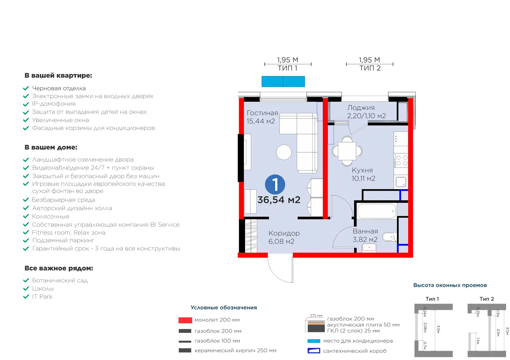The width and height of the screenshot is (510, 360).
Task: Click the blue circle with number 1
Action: (275, 184)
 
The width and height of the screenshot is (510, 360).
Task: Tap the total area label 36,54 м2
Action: (279, 200)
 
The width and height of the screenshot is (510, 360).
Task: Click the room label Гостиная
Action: (262, 113)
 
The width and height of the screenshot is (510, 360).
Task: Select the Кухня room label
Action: (362, 170)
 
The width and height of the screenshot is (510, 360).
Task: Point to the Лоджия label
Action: (361, 108)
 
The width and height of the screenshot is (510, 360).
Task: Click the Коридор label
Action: (284, 233)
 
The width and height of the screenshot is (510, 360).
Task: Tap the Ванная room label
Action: (365, 231)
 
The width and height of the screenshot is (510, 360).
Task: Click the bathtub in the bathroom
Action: (376, 211)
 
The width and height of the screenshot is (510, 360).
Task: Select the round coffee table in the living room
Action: (284, 152)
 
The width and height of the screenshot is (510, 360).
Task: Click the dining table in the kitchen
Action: (347, 151)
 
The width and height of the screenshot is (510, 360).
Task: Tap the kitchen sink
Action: (401, 182)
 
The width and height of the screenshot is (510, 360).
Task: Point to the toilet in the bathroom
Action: (390, 237)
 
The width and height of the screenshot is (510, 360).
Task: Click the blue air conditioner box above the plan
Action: (283, 82)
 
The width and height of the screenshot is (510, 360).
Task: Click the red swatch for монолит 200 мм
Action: (185, 320)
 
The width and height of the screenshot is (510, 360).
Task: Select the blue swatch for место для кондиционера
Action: (314, 341)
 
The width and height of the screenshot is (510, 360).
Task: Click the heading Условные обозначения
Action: (223, 307)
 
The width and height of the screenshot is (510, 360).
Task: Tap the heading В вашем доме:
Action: (51, 147)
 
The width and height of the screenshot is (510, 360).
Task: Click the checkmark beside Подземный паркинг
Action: (26, 240)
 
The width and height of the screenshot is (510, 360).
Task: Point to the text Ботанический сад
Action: (60, 280)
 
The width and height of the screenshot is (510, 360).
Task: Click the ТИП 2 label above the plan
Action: (370, 68)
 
